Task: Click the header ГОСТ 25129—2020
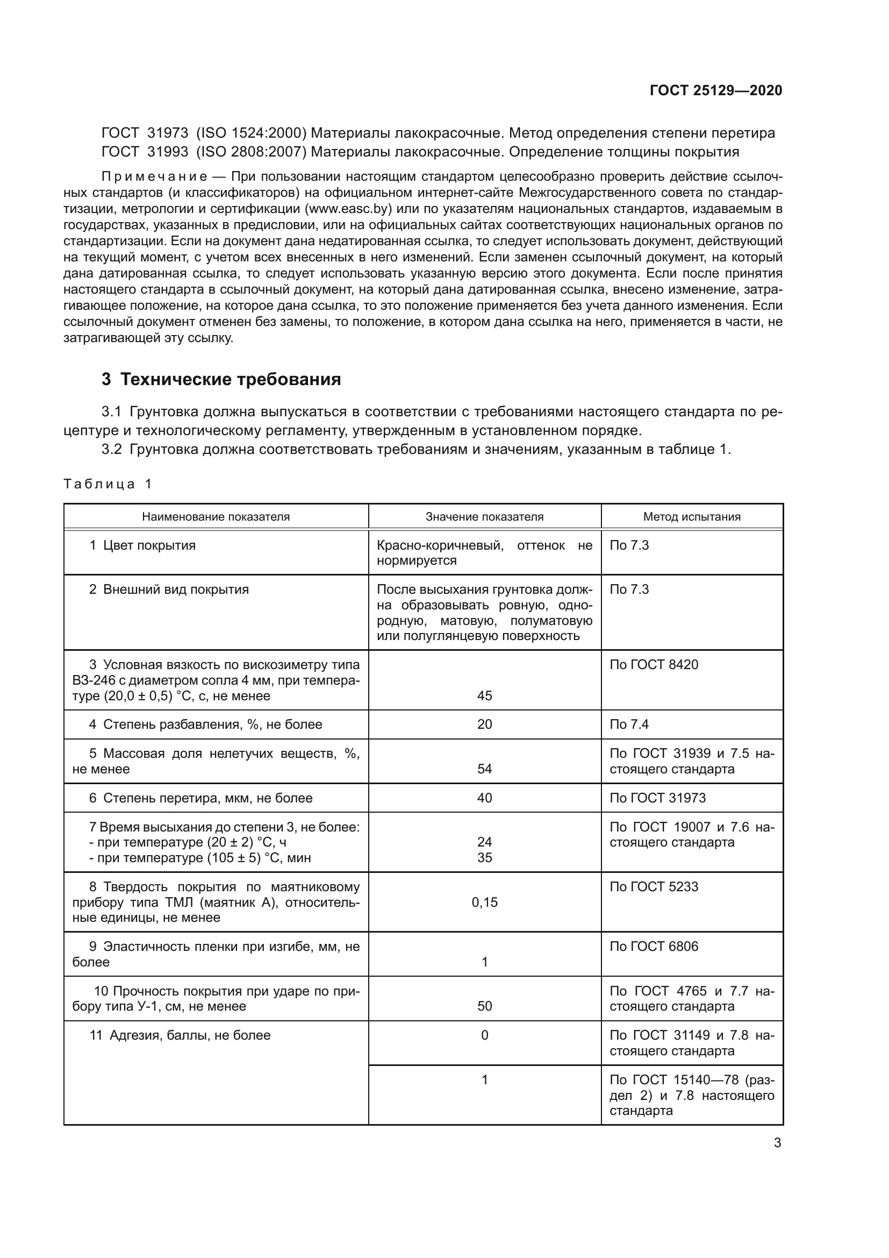pos(715,90)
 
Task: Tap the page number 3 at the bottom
pos(777,1143)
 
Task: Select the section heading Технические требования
pos(231,379)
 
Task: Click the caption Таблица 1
pos(107,484)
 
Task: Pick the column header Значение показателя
pos(484,517)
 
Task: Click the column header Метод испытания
pos(691,517)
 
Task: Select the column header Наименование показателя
pos(216,517)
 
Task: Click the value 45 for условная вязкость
pos(484,696)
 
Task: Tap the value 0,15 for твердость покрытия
pos(484,902)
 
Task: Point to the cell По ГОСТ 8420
pos(654,665)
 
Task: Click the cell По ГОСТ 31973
pos(657,798)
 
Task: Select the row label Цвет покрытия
pos(149,545)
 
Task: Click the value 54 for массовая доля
pos(484,769)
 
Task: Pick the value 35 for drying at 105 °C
pos(484,857)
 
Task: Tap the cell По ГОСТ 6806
pos(654,946)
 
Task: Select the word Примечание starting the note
pos(154,176)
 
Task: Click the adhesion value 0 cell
pos(484,1035)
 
